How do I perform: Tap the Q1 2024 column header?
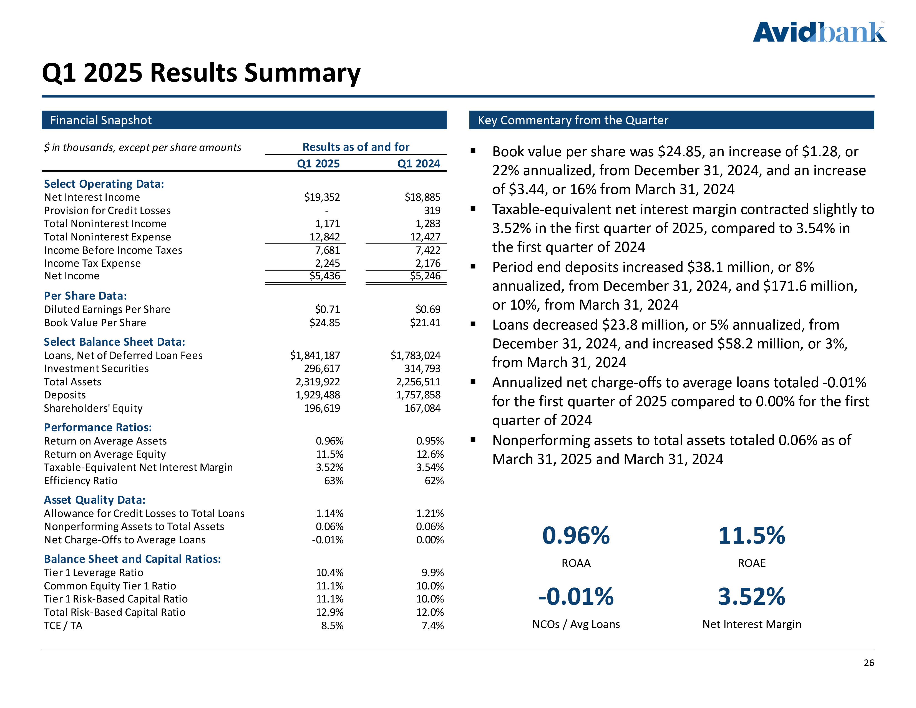(419, 164)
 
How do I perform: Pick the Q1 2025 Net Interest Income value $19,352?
(322, 197)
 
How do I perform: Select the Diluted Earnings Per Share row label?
(107, 310)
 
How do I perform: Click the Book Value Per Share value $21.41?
(425, 323)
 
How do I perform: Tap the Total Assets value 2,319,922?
(318, 382)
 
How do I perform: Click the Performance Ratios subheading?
(98, 427)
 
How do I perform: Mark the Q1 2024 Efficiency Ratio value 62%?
(434, 481)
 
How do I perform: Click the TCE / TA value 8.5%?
(332, 626)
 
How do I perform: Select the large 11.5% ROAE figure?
(751, 536)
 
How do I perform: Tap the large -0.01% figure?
(576, 597)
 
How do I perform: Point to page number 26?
(869, 663)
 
